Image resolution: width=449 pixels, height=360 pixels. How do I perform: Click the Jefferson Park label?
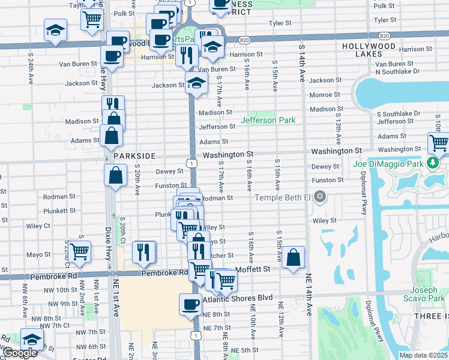coord(268,120)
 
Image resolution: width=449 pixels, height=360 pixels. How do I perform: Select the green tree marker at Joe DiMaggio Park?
coord(432,163)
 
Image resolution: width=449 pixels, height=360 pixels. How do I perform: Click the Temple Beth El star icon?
coord(321,197)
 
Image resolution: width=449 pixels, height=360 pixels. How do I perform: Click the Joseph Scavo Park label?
coord(428,293)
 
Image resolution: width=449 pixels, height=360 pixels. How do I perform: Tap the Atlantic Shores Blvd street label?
coord(238,298)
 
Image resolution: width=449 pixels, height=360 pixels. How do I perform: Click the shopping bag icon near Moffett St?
coord(292,258)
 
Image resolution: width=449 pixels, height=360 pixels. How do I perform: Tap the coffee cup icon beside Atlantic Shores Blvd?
coord(191,304)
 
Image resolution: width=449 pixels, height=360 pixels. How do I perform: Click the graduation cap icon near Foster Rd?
coord(32,340)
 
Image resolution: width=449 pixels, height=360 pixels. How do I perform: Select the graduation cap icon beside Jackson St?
coord(195,85)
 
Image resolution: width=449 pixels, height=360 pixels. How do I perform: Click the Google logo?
coord(20,353)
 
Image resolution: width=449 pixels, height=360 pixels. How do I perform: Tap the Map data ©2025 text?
coord(423,355)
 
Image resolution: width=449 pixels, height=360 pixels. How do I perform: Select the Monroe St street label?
coord(325,95)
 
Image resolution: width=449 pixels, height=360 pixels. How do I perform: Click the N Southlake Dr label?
coord(397,71)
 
